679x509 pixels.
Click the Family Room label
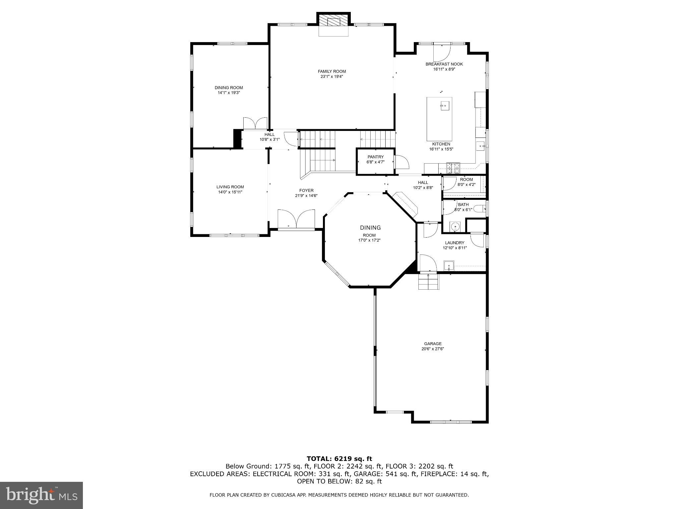pyautogui.click(x=332, y=71)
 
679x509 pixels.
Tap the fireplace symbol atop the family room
pyautogui.click(x=334, y=22)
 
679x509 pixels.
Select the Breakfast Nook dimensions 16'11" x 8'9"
pyautogui.click(x=444, y=69)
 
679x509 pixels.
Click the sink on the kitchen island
pyautogui.click(x=444, y=106)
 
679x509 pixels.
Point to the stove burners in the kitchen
pyautogui.click(x=453, y=168)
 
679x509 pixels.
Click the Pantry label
pyautogui.click(x=375, y=157)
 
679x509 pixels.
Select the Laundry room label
pyautogui.click(x=455, y=243)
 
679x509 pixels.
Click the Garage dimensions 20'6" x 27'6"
pyautogui.click(x=432, y=349)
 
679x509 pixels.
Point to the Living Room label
pyautogui.click(x=230, y=187)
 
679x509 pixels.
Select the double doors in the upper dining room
pyautogui.click(x=255, y=123)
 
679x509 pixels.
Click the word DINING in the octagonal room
pyautogui.click(x=370, y=228)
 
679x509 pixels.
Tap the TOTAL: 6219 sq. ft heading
pyautogui.click(x=339, y=459)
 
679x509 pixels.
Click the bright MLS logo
pyautogui.click(x=41, y=495)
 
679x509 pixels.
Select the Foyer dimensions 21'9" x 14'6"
pyautogui.click(x=306, y=196)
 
